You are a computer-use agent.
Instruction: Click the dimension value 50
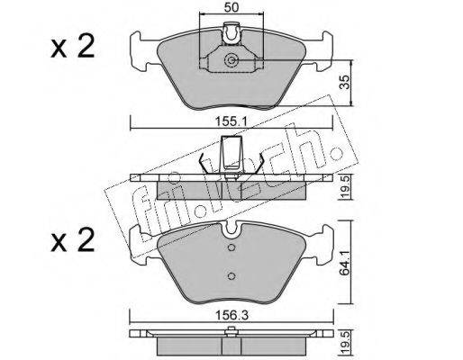pyautogui.click(x=231, y=7)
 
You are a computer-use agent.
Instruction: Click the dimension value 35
pyautogui.click(x=346, y=82)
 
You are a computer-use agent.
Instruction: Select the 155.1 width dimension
pyautogui.click(x=231, y=121)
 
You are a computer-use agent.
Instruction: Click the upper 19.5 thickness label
pyautogui.click(x=346, y=187)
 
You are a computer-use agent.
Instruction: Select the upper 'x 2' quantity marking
pyautogui.click(x=73, y=47)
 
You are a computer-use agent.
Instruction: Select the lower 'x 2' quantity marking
pyautogui.click(x=73, y=240)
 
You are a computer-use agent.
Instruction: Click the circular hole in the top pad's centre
pyautogui.click(x=231, y=60)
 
